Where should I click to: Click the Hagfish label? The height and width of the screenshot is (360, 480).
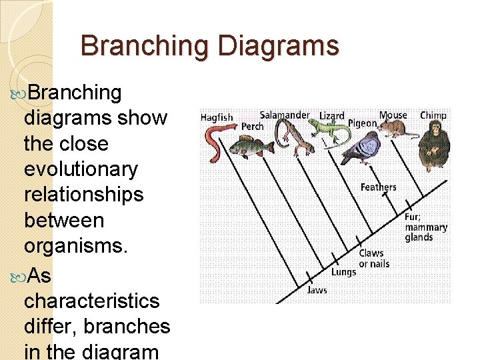(217, 117)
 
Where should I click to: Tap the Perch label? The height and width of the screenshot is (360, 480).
(252, 127)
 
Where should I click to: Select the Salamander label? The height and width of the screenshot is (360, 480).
(285, 115)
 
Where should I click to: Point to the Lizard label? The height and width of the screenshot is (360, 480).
(332, 116)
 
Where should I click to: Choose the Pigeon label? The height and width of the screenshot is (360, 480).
(362, 124)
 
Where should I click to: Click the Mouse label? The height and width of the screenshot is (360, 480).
(393, 115)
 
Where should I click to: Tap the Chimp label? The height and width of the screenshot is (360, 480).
(433, 115)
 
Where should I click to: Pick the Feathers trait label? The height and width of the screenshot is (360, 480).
(378, 187)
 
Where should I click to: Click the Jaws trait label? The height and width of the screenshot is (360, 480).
(317, 290)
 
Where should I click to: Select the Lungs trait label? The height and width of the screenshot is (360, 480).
(343, 272)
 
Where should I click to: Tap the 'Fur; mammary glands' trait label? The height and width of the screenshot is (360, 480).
(425, 227)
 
